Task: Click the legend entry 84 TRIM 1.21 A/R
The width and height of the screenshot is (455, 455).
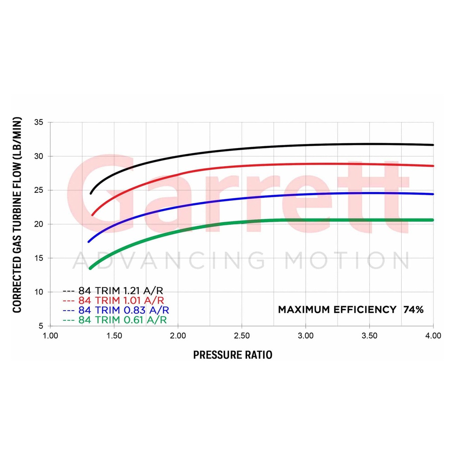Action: (113, 291)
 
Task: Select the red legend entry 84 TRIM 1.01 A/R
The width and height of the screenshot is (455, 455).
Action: (113, 300)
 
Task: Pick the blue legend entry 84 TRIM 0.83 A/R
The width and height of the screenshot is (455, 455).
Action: (116, 310)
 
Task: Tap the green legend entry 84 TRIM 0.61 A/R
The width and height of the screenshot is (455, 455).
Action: (115, 320)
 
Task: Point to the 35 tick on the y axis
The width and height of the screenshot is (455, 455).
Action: (39, 122)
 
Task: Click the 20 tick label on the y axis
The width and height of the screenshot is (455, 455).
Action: (39, 224)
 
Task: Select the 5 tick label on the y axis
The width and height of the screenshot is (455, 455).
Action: (41, 326)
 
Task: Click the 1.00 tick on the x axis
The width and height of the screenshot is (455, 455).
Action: (51, 336)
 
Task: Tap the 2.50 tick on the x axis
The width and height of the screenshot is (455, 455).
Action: (242, 336)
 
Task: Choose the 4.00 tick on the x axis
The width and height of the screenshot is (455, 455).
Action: (433, 336)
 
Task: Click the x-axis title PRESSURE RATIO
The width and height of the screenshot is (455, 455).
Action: (233, 355)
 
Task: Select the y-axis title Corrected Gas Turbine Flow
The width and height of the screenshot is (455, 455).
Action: (17, 215)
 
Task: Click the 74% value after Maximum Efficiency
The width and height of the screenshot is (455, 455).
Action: (414, 310)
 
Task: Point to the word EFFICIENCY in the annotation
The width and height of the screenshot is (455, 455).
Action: (365, 310)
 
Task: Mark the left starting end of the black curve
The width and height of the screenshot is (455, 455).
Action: (91, 194)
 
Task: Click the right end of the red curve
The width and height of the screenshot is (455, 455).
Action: (433, 166)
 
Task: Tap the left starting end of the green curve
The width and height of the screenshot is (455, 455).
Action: (90, 268)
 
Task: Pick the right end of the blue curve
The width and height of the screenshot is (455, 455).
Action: (433, 194)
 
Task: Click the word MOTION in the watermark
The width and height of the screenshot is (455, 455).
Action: (347, 260)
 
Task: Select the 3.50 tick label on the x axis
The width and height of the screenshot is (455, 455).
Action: (369, 336)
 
